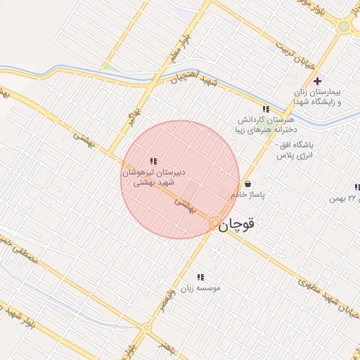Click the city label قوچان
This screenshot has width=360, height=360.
coord(236,225)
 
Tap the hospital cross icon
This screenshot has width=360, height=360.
coord(318,82)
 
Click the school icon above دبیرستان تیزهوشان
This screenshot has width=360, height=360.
coord(153,162)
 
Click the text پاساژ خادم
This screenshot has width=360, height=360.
coord(251,195)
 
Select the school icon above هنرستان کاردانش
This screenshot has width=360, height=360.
coord(266,110)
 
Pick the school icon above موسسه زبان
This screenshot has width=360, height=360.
coord(200,278)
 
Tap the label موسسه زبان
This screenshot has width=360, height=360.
coord(199,288)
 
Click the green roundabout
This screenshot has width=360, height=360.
coord(344,27)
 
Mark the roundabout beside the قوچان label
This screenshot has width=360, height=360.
coord(214,224)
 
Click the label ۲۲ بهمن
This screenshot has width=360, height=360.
coord(345,199)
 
